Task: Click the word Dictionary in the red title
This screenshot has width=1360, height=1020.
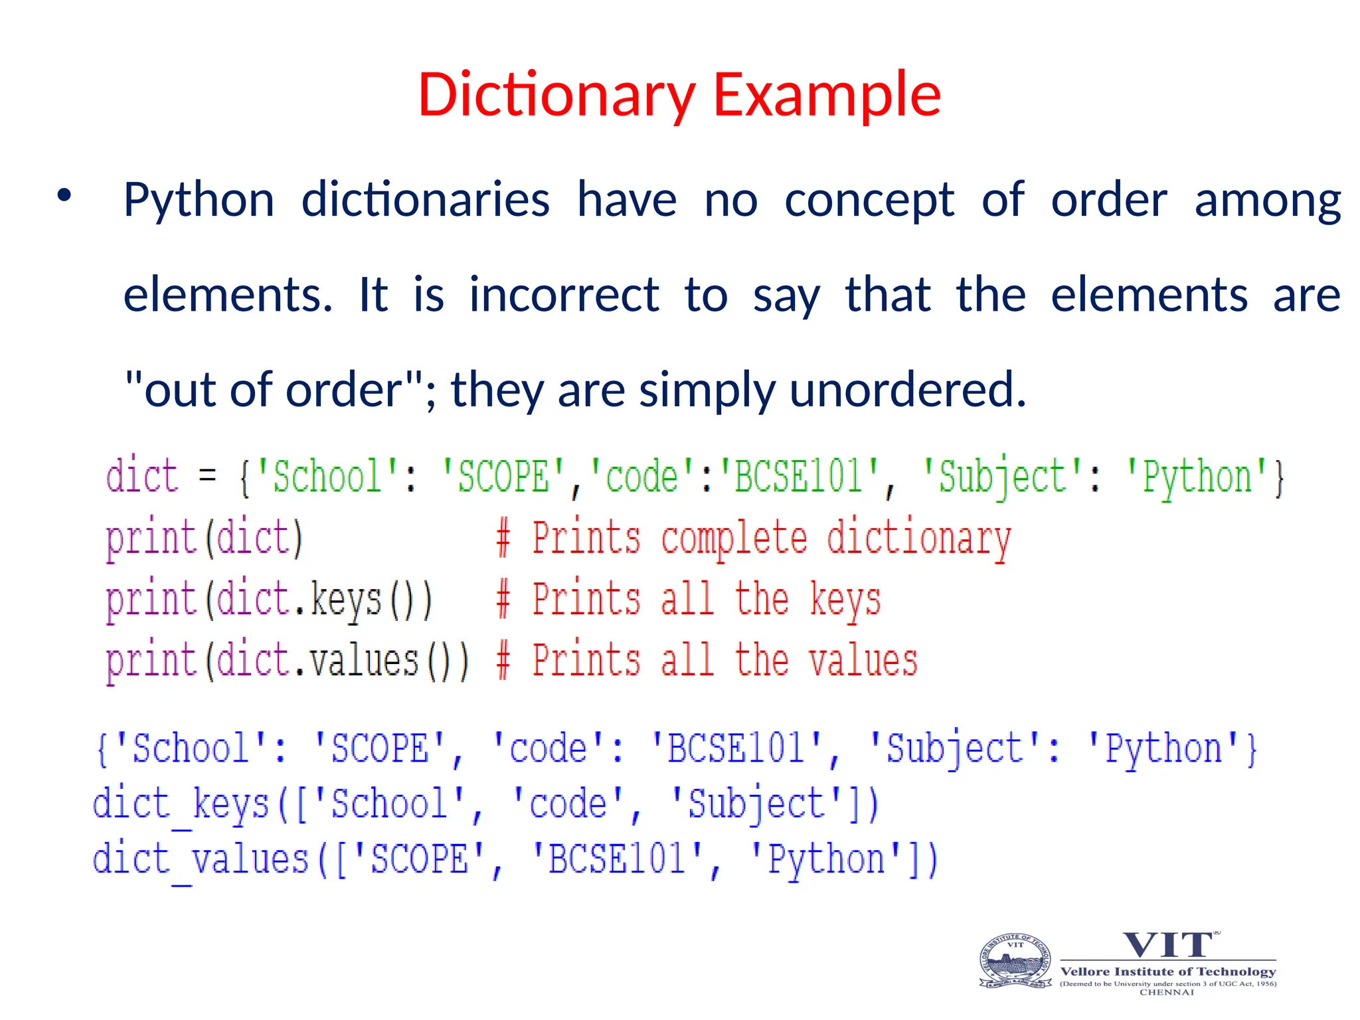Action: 556,95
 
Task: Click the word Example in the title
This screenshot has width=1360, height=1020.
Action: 826,95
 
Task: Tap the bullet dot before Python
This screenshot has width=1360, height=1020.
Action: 64,196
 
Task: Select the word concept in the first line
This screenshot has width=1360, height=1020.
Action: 869,200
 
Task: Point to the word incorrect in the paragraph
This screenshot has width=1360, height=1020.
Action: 564,295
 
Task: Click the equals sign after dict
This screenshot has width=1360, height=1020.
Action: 207,475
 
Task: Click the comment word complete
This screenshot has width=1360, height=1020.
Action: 734,538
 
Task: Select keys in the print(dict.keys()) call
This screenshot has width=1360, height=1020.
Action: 346,600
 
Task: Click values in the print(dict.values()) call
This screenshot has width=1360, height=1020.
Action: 364,661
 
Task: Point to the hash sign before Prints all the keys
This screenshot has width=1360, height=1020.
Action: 503,600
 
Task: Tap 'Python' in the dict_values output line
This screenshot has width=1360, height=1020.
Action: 826,859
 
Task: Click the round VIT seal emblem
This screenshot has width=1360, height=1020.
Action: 1015,962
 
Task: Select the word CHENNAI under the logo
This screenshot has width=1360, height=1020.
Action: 1167,992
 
